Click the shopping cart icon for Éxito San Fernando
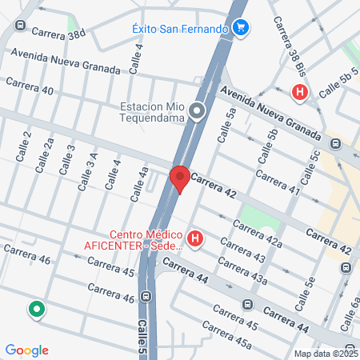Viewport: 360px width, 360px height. point(242,29)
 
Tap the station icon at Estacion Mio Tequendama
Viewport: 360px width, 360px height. point(198,111)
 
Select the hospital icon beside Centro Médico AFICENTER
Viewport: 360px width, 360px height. point(195,238)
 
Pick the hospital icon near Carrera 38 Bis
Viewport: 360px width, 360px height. point(300,93)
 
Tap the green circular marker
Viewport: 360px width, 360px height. point(36,310)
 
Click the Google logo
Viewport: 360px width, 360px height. point(26,350)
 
